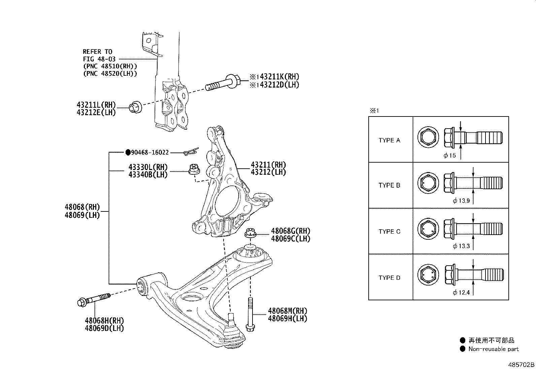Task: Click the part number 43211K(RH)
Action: click(x=279, y=77)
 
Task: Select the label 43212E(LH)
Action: click(x=96, y=112)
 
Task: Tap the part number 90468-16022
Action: click(x=150, y=153)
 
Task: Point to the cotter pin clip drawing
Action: click(x=191, y=152)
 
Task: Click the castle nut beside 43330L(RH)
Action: click(x=194, y=169)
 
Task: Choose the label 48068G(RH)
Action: click(x=291, y=231)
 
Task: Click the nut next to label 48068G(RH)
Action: click(x=250, y=233)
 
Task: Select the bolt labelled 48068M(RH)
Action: click(x=250, y=314)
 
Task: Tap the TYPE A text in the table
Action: click(x=389, y=140)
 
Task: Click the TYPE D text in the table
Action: click(x=389, y=278)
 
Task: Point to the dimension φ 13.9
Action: click(x=461, y=201)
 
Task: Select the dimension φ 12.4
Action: click(x=461, y=293)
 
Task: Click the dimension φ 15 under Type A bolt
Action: click(x=449, y=156)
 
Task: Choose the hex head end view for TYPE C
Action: click(x=428, y=229)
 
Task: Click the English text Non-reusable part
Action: click(x=493, y=349)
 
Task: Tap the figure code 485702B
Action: click(x=521, y=365)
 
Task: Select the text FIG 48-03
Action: click(x=99, y=59)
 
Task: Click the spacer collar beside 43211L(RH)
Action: click(x=135, y=107)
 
